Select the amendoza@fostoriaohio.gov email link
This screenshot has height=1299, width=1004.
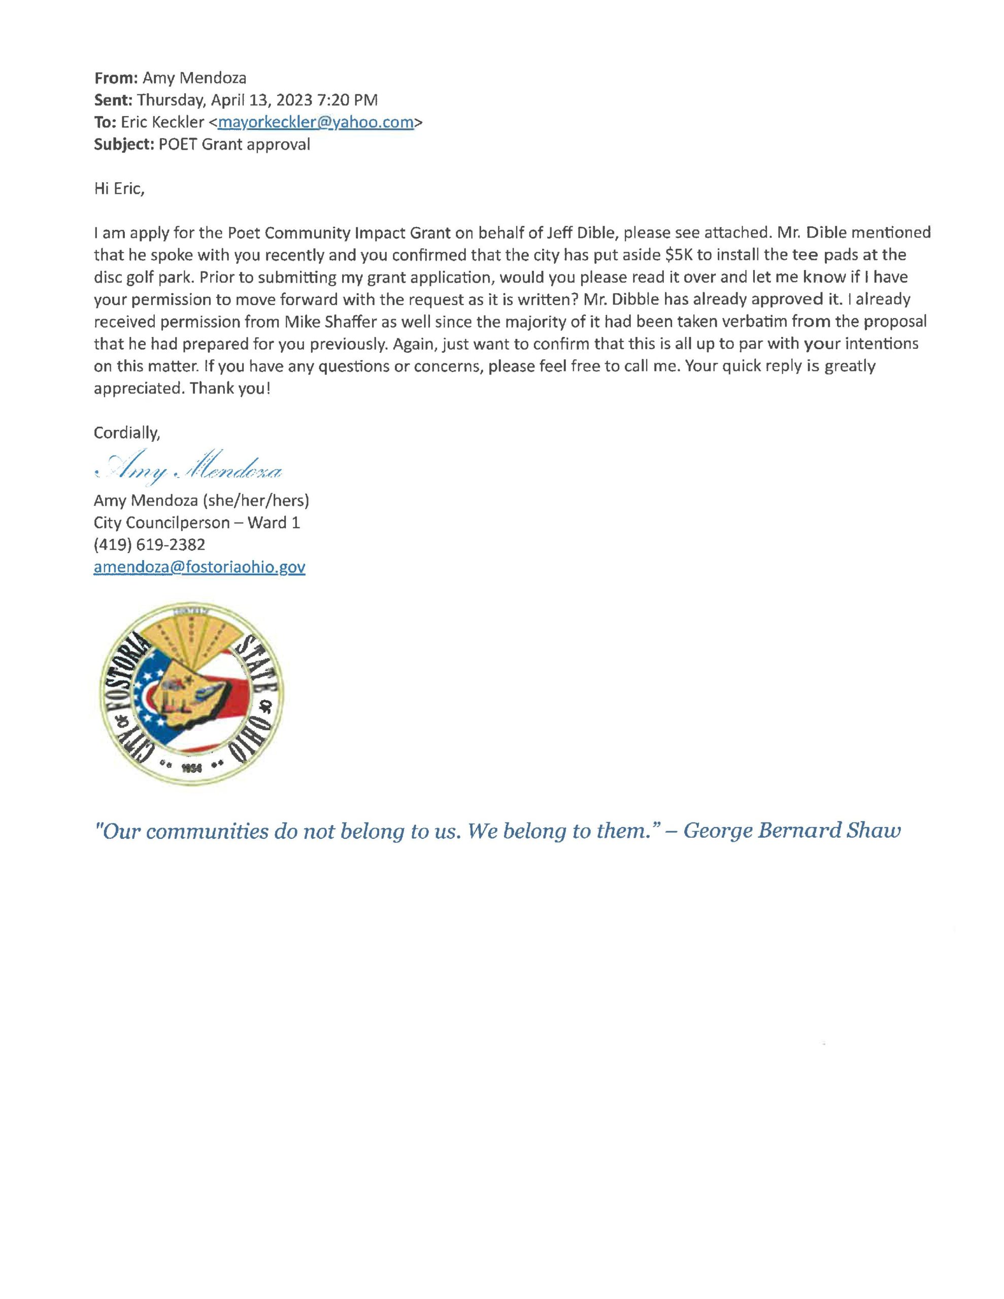(199, 567)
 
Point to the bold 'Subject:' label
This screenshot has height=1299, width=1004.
(124, 145)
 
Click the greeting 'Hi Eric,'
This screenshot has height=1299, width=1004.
(119, 189)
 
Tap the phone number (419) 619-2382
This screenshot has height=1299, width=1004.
(149, 544)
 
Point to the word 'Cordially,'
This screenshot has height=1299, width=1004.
(127, 433)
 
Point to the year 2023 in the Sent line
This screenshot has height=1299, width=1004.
(293, 100)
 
